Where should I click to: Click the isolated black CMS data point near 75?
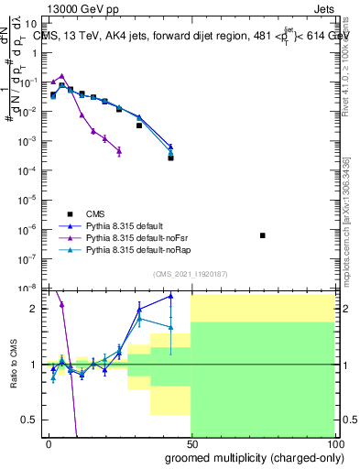pyautogui.click(x=263, y=235)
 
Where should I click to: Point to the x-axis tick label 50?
pyautogui.click(x=191, y=442)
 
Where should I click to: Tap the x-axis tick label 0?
pyautogui.click(x=49, y=442)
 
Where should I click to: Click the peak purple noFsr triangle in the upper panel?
pyautogui.click(x=61, y=77)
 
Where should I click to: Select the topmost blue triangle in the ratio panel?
pyautogui.click(x=170, y=296)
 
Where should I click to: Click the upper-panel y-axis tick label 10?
pyautogui.click(x=30, y=25)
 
